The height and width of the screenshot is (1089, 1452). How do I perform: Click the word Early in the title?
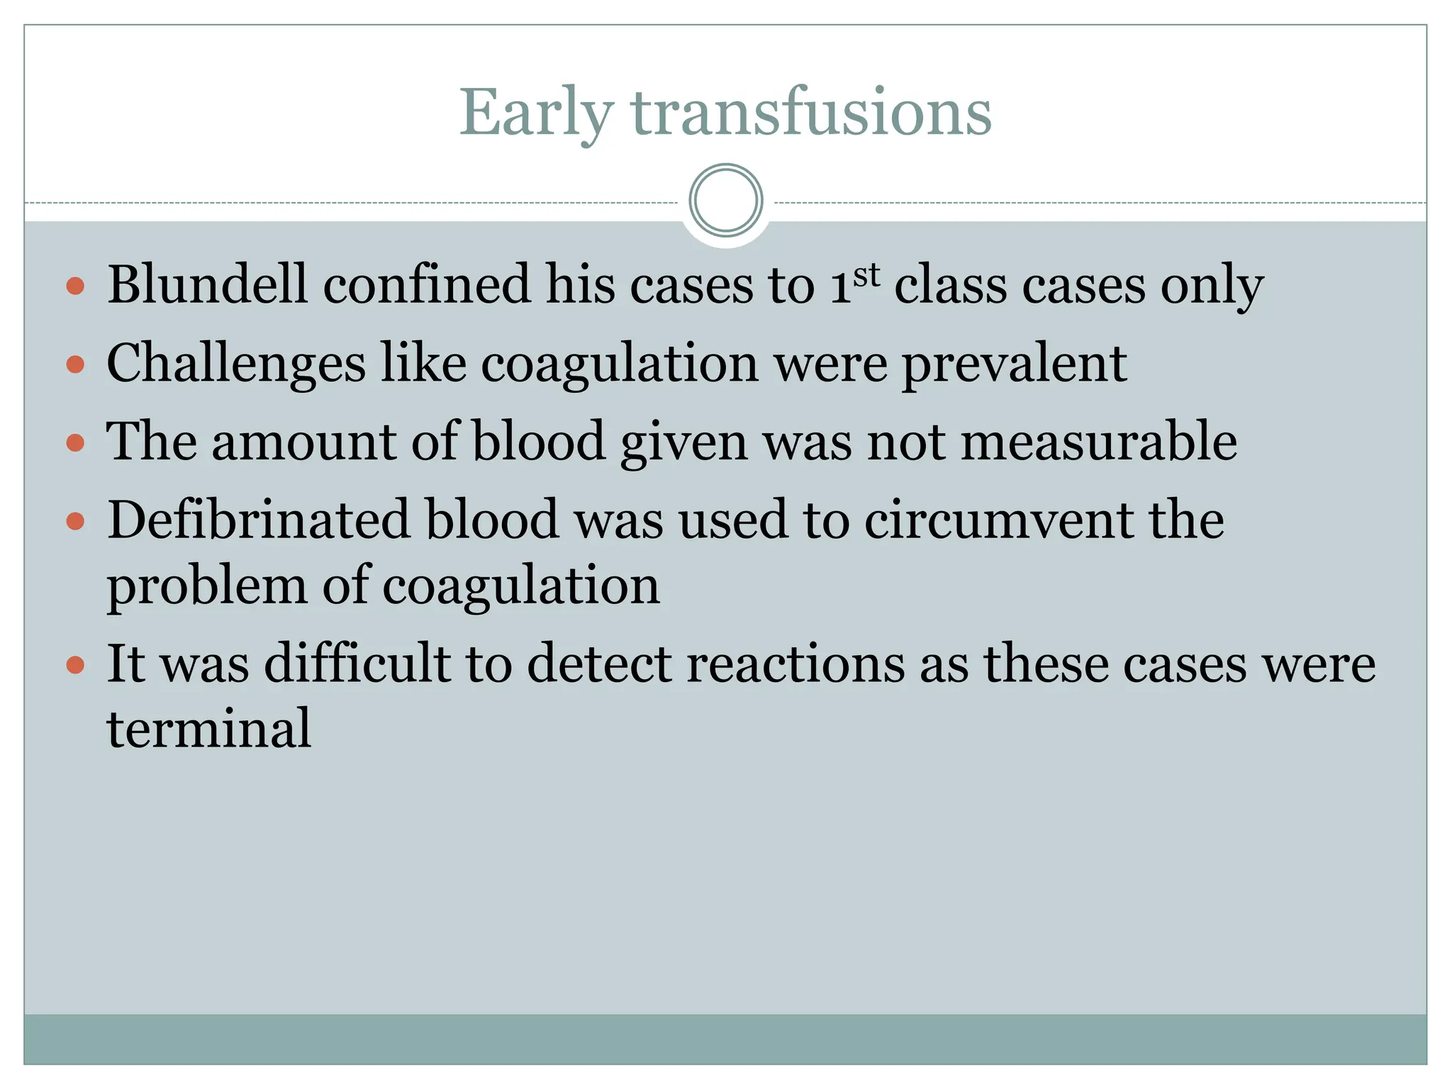point(536,113)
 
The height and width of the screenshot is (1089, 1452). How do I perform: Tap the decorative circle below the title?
point(725,201)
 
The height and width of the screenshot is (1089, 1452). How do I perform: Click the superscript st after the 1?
point(866,275)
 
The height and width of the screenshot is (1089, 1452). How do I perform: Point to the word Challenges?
point(236,364)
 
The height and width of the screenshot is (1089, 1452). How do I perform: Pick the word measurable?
point(1099,442)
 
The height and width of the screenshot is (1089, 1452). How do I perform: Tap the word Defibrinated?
point(258,520)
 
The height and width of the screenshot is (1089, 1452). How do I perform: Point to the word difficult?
point(357,664)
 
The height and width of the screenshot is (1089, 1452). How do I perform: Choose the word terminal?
point(208,729)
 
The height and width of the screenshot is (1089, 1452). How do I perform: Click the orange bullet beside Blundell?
point(75,286)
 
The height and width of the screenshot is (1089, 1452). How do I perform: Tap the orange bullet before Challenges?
point(75,365)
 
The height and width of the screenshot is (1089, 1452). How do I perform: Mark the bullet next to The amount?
point(75,444)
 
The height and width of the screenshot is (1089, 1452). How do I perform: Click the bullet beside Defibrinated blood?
point(75,523)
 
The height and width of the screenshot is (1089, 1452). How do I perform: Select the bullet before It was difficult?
point(75,666)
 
